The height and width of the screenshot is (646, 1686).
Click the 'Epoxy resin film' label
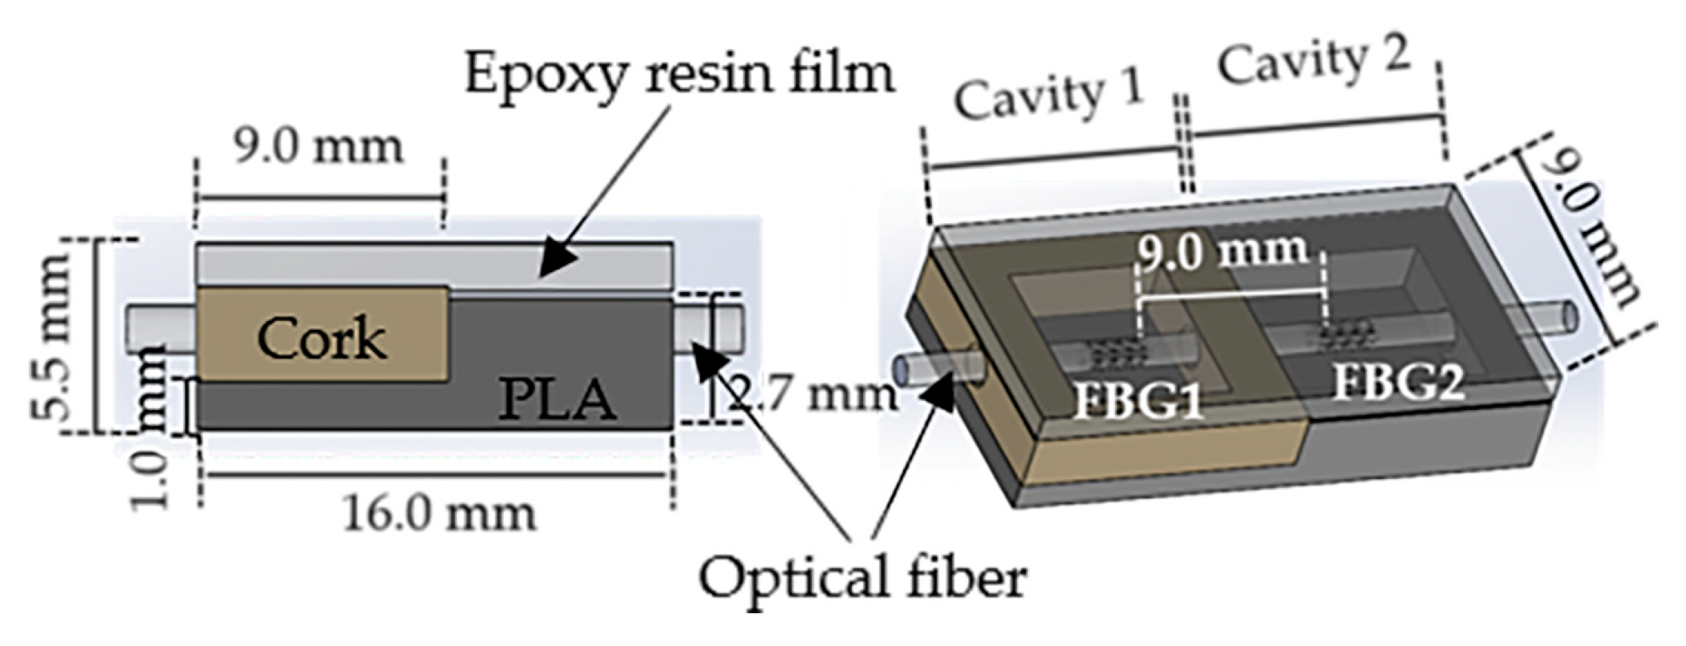(679, 75)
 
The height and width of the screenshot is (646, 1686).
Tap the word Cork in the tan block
(322, 339)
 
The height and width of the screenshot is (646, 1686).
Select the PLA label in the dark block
(557, 399)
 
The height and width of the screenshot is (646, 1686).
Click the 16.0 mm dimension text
(439, 514)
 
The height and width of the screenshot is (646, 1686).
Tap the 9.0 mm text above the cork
(318, 148)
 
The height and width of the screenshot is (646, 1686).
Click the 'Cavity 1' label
(1048, 97)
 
